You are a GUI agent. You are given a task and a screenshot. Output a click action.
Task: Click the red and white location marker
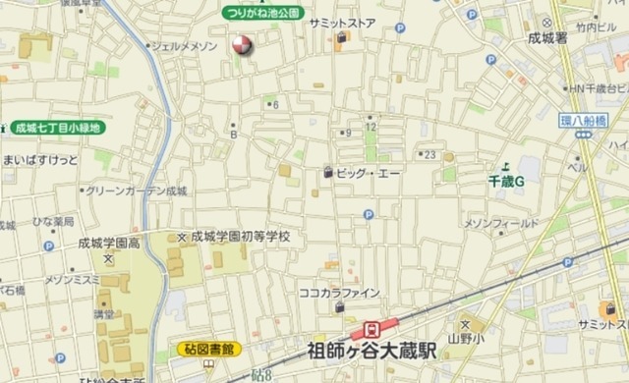tap(240, 45)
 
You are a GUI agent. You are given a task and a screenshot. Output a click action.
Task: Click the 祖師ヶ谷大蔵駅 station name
tap(372, 350)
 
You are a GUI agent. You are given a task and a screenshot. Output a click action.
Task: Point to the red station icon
tap(372, 328)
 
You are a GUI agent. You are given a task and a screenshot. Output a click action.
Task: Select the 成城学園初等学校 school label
tap(240, 237)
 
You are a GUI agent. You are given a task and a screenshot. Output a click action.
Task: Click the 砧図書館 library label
tap(210, 348)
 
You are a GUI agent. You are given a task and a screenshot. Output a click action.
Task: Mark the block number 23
tap(429, 154)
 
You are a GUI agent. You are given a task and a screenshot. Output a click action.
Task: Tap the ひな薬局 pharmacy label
tap(54, 221)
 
